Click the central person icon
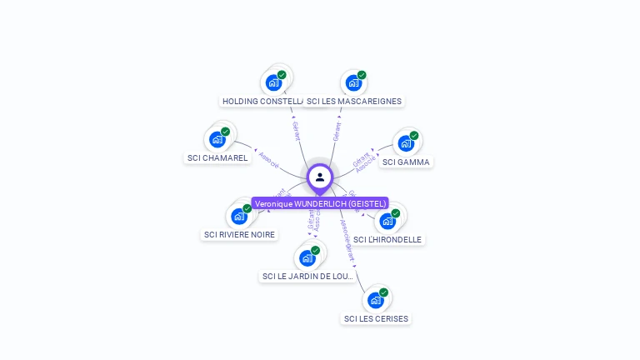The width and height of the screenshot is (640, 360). [x=320, y=177]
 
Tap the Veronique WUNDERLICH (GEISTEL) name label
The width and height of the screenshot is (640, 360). [x=320, y=203]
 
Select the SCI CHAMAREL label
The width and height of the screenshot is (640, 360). [x=217, y=157]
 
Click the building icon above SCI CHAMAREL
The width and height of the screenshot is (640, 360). [x=217, y=138]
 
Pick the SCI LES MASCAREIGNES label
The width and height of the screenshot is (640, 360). [x=354, y=101]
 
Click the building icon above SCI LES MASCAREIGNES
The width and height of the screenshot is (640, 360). [x=353, y=82]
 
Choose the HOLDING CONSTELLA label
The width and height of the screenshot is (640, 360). [x=261, y=101]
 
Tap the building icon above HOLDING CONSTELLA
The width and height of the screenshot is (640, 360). [x=273, y=82]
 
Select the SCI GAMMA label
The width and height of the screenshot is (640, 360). [x=406, y=162]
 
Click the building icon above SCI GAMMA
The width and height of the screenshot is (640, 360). [x=406, y=143]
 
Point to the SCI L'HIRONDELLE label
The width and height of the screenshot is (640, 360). [x=387, y=239]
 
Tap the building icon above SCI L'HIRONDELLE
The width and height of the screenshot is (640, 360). [x=387, y=221]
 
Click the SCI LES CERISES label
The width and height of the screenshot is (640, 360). [x=377, y=318]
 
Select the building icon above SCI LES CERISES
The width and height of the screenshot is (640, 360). [x=376, y=300]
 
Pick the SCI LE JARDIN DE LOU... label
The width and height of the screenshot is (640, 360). [x=308, y=276]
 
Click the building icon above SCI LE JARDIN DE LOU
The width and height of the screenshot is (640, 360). [x=307, y=257]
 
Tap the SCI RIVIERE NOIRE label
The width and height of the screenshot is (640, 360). [x=239, y=234]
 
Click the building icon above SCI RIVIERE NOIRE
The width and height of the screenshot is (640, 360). [x=239, y=216]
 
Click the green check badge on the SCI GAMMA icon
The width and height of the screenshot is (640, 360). [x=414, y=136]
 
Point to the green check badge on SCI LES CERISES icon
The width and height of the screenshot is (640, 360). [x=384, y=292]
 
